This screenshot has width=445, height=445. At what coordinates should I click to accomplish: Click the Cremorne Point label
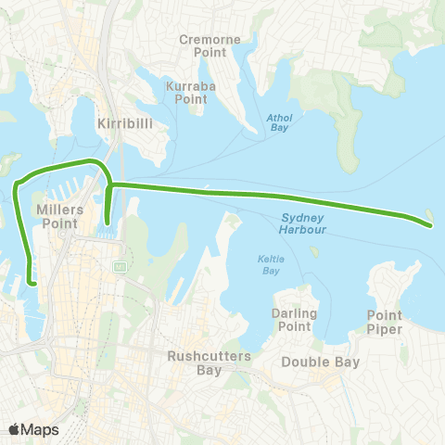point(210,46)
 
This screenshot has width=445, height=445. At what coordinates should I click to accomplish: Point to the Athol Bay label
point(278,123)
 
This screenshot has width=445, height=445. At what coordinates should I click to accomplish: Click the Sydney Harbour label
point(302,222)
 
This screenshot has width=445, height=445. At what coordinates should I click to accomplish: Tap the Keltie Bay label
point(270,266)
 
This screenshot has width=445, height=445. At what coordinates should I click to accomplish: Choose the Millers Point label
point(59,216)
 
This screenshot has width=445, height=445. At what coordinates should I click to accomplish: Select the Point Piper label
point(384,322)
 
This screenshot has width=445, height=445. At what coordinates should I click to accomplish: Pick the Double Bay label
point(313,362)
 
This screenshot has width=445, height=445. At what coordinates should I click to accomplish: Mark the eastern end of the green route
point(429,222)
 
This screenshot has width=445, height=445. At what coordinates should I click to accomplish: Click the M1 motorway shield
point(119,267)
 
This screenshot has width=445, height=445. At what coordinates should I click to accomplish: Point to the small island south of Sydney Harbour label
point(315,250)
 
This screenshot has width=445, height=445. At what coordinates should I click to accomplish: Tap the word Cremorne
point(210,40)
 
